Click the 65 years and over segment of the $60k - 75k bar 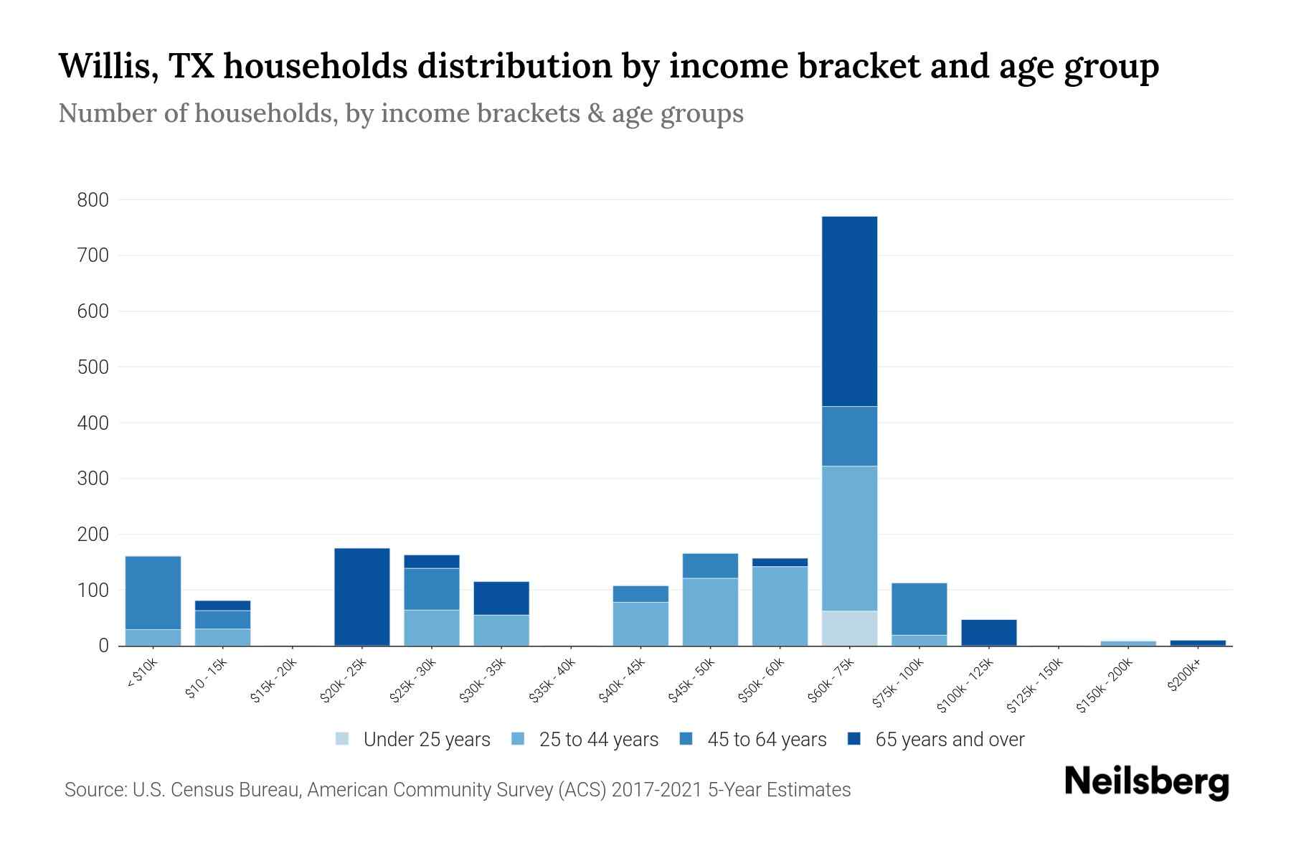[849, 311]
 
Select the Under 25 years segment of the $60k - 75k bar [849, 629]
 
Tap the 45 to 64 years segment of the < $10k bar [153, 593]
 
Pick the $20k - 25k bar [362, 597]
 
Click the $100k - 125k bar [988, 633]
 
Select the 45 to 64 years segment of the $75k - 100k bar [919, 609]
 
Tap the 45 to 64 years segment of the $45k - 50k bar [710, 566]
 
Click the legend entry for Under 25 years [413, 740]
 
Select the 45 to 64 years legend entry [753, 740]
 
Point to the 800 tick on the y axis [93, 200]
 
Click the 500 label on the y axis [93, 367]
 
